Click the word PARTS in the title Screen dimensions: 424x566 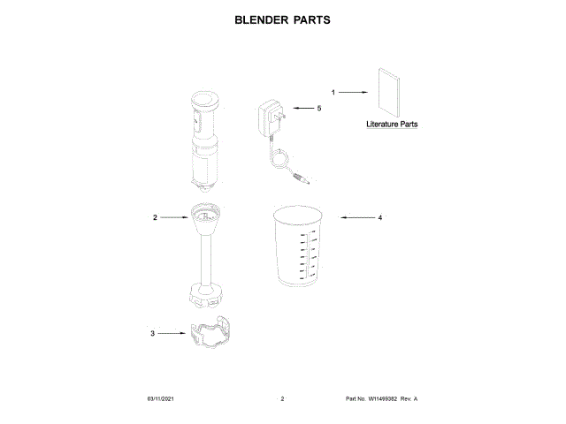[313, 19]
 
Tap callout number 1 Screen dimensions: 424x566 [333, 92]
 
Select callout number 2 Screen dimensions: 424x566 [155, 216]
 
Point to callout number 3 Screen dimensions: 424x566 [152, 333]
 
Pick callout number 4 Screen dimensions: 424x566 [380, 216]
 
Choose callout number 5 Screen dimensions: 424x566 [318, 108]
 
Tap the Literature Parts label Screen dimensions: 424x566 [392, 125]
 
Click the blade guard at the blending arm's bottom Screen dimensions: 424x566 [205, 295]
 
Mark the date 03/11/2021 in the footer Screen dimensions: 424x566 [160, 400]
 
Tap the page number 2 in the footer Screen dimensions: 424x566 [282, 400]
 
